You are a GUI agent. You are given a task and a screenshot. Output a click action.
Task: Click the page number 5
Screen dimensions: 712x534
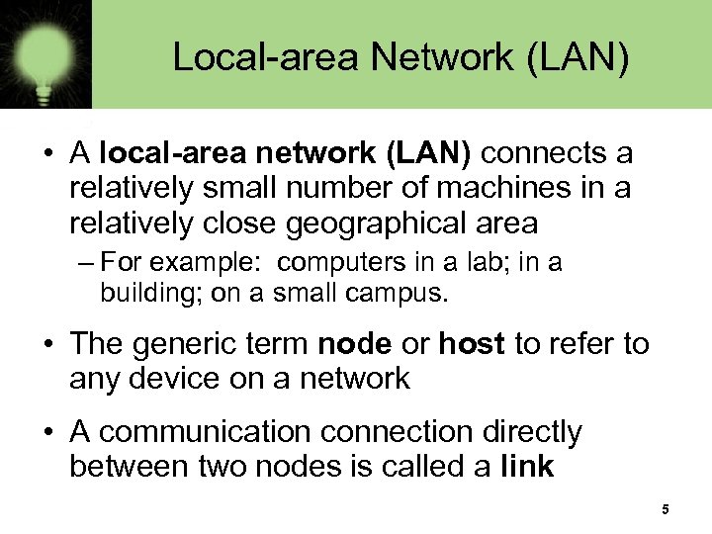point(666,509)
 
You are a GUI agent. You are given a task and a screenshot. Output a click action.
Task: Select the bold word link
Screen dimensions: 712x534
point(528,466)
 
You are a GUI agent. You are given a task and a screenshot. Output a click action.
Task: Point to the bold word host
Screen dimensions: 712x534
point(472,344)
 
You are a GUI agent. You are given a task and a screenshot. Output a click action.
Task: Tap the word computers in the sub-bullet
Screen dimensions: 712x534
point(336,263)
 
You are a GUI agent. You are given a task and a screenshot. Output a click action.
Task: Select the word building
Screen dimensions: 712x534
point(137,293)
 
